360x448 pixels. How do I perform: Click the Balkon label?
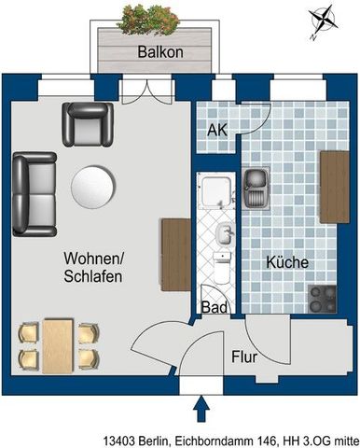(159, 53)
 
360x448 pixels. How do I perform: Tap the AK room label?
(216, 131)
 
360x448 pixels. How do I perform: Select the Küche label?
(287, 263)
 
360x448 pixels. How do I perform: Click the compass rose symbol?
(324, 23)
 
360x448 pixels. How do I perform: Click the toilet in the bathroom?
(221, 270)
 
